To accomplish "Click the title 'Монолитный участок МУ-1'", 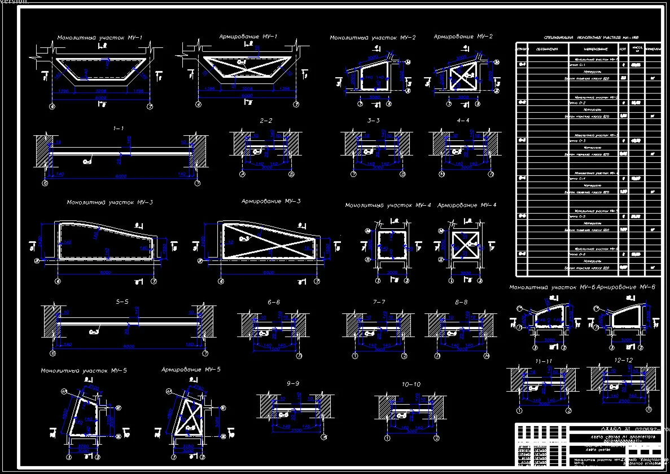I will pos(99,38).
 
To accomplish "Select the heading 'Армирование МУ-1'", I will pos(248,37).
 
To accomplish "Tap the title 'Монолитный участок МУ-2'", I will pos(373,38).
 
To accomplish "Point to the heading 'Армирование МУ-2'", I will pos(463,37).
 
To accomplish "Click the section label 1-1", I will pos(118,129).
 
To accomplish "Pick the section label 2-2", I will pos(266,121).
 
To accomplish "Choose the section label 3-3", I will pos(373,121).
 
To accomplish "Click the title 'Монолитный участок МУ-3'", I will pos(110,202).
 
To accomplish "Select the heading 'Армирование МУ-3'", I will pos(271,201).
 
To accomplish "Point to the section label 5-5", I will pos(122,302).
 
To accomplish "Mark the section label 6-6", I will pos(274,302).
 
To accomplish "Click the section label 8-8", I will pos(461,302).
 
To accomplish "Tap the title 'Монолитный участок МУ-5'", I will pos(84,370).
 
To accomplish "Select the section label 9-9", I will pos(293,383).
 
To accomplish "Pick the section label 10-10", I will pos(411,384).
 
